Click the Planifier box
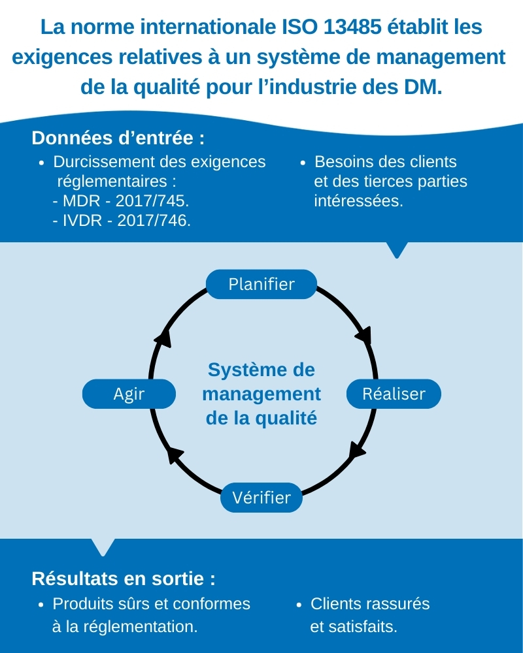pos(261,284)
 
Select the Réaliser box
pos(394,394)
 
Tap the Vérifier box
pos(261,497)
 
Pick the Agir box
pos(129,394)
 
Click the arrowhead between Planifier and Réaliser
pos(363,335)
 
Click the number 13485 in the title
pos(352,27)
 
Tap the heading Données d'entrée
pos(118,138)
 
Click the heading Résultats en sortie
pos(124,579)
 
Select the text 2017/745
pos(152,200)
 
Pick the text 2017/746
pos(154,220)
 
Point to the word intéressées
pos(359,200)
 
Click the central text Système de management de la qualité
pos(261,394)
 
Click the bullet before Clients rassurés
pos(299,604)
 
